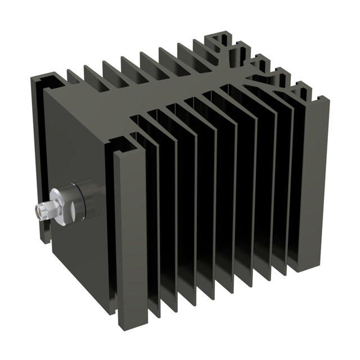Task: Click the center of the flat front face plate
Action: click(x=79, y=169)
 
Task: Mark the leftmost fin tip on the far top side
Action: click(x=72, y=74)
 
